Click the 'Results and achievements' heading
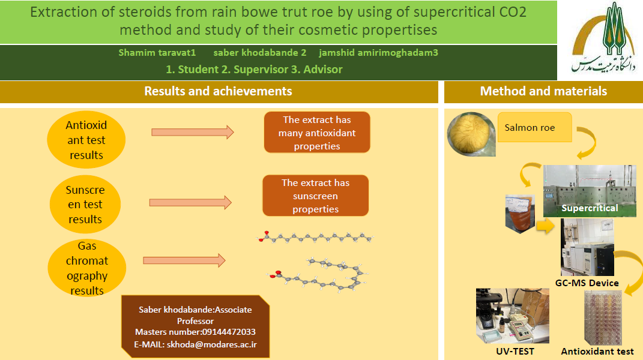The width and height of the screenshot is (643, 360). point(218,91)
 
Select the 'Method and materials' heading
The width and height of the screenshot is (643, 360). point(543,91)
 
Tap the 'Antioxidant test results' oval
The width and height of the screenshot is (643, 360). point(86,140)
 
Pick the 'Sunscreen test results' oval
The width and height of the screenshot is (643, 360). point(85,204)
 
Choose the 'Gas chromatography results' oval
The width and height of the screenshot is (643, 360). point(87,268)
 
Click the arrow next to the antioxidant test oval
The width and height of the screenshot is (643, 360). point(193,132)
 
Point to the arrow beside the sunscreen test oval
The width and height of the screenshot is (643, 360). point(191,203)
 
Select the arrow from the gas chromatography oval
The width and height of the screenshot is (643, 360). point(184,260)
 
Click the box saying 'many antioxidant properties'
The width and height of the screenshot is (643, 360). point(317,133)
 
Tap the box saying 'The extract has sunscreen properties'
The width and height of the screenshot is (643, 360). point(315,196)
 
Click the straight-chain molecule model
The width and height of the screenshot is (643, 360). point(315,237)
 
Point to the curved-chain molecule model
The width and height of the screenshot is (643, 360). point(318,275)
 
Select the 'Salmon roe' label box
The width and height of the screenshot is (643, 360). point(535,127)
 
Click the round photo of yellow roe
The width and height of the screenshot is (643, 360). point(471,134)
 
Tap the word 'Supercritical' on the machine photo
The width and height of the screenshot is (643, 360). point(590,208)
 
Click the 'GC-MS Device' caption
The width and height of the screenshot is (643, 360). point(587,283)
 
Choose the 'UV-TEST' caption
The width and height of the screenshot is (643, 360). point(515,352)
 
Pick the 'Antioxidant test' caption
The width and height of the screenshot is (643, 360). point(597,352)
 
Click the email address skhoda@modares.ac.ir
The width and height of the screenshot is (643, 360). point(211,344)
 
